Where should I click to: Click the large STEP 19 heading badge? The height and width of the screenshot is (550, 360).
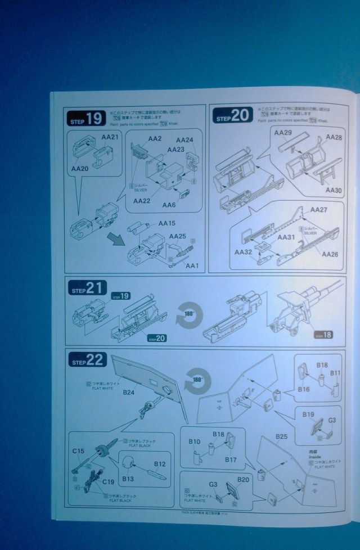click(x=85, y=119)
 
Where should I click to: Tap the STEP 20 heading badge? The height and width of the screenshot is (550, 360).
click(x=232, y=117)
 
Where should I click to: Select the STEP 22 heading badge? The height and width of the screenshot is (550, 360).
click(x=85, y=361)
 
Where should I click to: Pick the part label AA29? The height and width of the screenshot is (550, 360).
click(x=283, y=133)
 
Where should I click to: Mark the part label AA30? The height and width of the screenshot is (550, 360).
click(x=334, y=190)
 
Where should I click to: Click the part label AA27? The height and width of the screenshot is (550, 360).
click(x=318, y=210)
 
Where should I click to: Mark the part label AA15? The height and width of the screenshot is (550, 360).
click(x=168, y=223)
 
